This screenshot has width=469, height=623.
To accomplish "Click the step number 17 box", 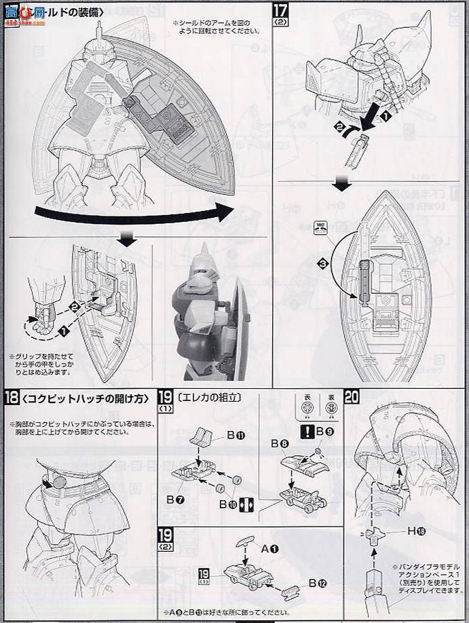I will pyautogui.click(x=281, y=9).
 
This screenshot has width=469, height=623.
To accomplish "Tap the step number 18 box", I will pyautogui.click(x=11, y=398).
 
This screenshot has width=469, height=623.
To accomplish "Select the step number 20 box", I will pyautogui.click(x=352, y=397).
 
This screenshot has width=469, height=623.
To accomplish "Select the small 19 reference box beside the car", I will pyautogui.click(x=204, y=574).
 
